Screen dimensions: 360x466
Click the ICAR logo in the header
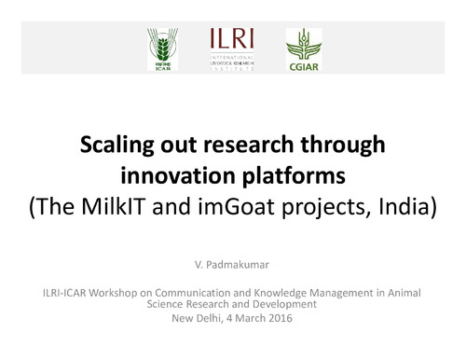point(159,48)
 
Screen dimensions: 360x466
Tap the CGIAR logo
point(303,50)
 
